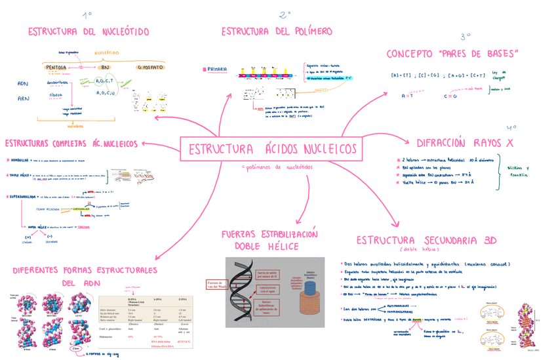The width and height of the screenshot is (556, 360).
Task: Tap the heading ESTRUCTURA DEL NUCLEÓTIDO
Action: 88,31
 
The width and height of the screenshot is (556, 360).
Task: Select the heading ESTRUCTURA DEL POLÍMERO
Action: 277,31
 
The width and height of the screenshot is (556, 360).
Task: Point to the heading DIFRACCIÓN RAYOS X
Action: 465,143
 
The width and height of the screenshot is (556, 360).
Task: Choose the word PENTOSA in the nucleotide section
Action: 60,67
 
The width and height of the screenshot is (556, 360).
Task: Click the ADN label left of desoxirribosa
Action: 23,84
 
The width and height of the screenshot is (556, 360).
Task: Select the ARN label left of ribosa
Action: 23,99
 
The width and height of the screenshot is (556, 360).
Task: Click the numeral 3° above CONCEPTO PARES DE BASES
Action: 465,37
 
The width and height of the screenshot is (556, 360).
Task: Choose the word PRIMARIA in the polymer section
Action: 217,69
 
